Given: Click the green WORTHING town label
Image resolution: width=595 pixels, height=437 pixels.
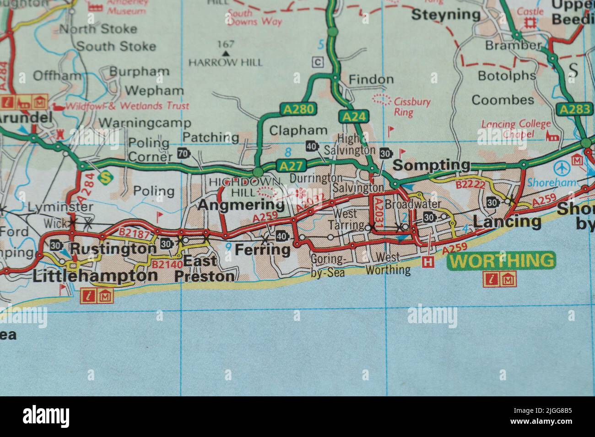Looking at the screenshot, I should [x=501, y=261].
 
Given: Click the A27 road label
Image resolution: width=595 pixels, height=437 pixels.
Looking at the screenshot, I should [x=291, y=166].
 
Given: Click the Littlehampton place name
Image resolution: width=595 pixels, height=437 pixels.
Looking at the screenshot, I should [x=95, y=276].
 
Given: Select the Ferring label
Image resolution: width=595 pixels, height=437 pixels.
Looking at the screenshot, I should [x=262, y=250].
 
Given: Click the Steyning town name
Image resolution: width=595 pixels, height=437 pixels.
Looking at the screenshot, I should [x=446, y=15].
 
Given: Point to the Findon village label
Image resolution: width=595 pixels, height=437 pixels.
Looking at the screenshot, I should [x=371, y=80].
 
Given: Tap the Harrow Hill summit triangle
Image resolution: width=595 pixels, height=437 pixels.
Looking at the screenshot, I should [x=225, y=53].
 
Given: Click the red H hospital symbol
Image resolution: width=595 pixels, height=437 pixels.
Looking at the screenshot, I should [x=428, y=262].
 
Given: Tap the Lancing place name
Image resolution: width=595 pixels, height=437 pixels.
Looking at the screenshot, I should [x=507, y=222].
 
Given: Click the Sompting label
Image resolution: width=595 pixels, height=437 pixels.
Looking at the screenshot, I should [x=432, y=165].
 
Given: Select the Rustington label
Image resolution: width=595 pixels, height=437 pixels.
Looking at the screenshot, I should [x=113, y=249].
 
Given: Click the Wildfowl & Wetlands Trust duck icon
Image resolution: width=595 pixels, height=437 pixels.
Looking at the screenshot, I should [x=58, y=107].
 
